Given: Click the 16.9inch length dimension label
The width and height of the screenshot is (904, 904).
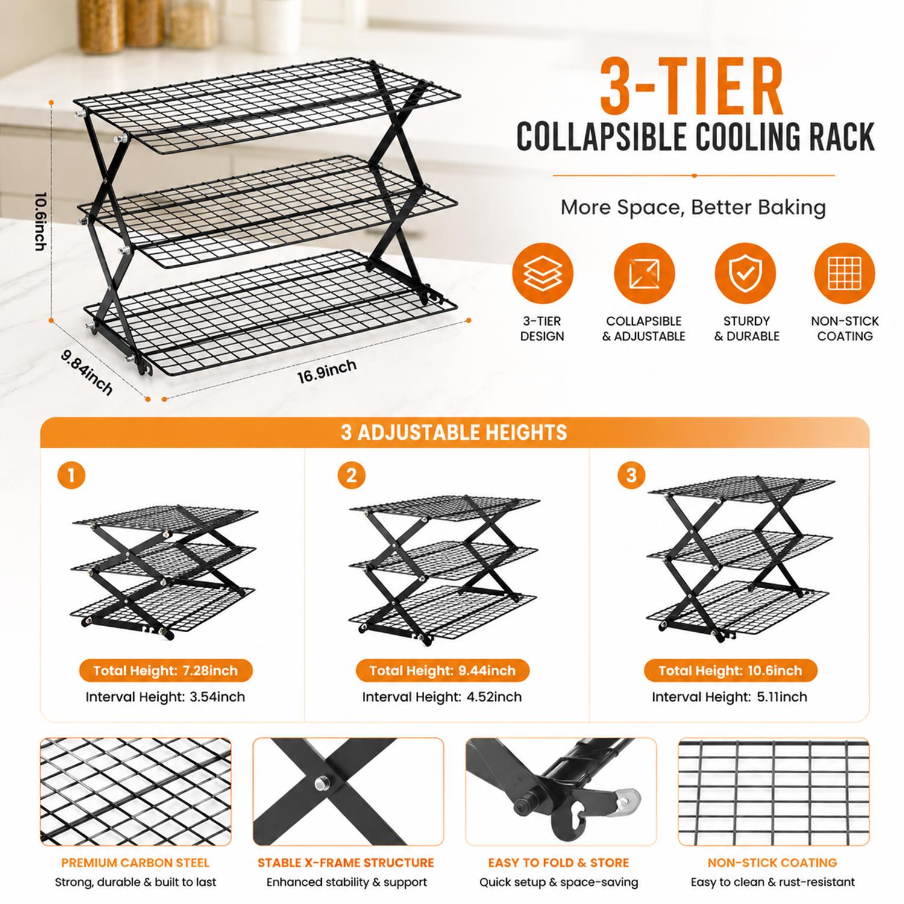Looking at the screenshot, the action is coord(326,371).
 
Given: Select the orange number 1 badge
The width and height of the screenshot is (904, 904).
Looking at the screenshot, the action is coord(71,476).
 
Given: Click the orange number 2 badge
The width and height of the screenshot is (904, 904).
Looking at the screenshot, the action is coord(351,476).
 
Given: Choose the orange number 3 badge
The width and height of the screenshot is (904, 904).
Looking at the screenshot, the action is coord(631,476).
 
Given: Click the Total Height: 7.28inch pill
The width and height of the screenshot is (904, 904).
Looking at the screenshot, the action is coord(166,670).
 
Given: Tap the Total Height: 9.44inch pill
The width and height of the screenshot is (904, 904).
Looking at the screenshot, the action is coord(442,670).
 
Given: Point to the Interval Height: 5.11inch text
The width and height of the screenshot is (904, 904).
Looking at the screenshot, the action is coord(729,697).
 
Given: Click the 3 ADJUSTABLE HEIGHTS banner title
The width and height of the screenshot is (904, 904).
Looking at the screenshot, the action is coord(454,432).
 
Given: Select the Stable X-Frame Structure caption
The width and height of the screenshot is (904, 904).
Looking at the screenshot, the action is coord(346,863).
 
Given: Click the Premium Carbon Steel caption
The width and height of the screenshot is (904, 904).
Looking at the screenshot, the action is coord(136,863).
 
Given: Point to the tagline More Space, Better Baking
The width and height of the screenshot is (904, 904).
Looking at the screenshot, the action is coord(693,207).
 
